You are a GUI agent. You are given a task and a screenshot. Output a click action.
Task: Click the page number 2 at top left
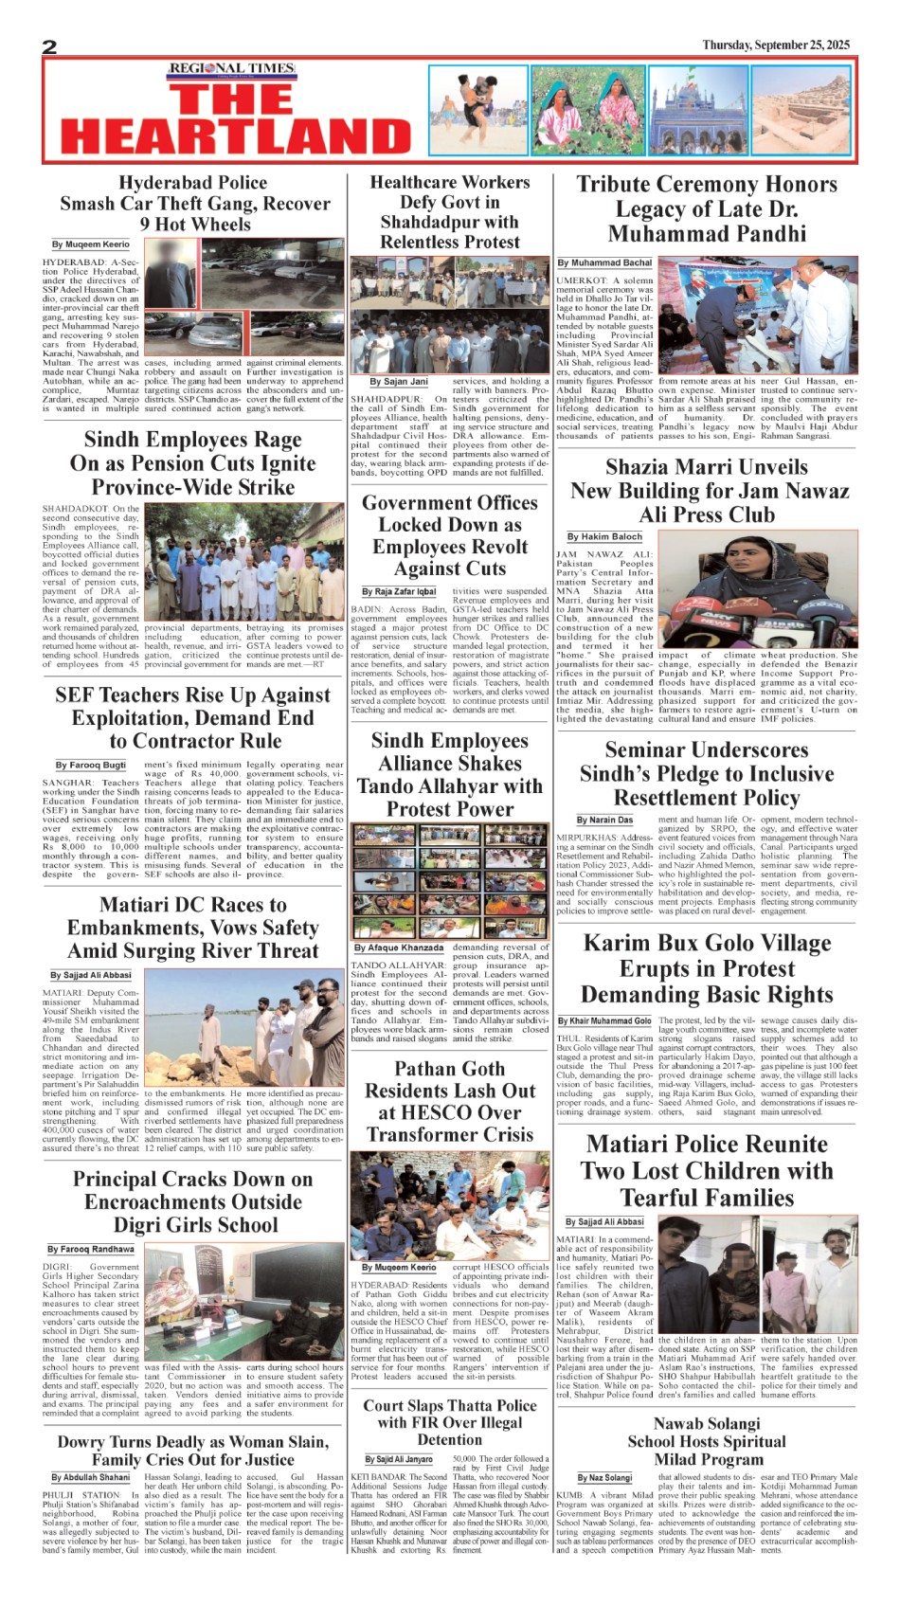pos(49,46)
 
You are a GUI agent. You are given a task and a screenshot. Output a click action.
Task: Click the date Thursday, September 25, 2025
pos(776,45)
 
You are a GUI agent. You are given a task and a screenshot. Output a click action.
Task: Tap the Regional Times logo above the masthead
pos(231,68)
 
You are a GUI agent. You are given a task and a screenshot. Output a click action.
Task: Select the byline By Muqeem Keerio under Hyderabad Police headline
pos(91,244)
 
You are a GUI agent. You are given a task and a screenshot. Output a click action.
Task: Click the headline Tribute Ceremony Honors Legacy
pos(706,208)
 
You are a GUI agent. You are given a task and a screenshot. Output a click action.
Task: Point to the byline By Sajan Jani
pos(399,382)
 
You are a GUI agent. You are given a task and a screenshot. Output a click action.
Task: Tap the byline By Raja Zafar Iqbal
pos(399,591)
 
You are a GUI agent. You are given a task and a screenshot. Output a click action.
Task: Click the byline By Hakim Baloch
pos(604,537)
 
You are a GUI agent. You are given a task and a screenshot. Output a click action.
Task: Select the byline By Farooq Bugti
pos(90,765)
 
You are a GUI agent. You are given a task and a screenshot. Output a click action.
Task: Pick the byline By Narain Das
pos(604,820)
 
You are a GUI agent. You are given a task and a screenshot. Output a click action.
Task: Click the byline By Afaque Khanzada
pos(399,947)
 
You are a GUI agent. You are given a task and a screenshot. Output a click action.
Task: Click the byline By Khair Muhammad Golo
pos(604,1020)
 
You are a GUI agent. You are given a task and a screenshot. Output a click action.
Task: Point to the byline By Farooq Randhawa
pos(91,1250)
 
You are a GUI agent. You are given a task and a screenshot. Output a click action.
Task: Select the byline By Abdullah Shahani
pos(91,1477)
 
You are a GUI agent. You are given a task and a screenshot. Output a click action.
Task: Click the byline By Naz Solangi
pos(604,1478)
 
